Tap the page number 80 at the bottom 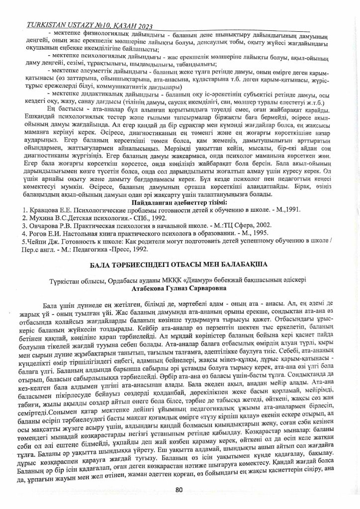tap(180, 489)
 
